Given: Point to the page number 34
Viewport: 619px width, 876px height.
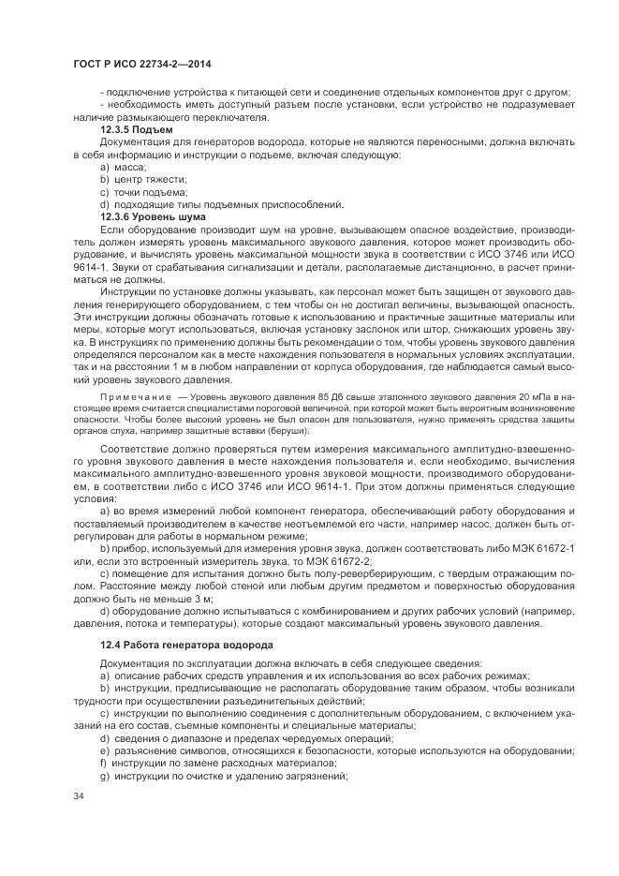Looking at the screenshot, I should point(78,795).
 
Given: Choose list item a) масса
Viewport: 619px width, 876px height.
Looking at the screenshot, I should point(123,166).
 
